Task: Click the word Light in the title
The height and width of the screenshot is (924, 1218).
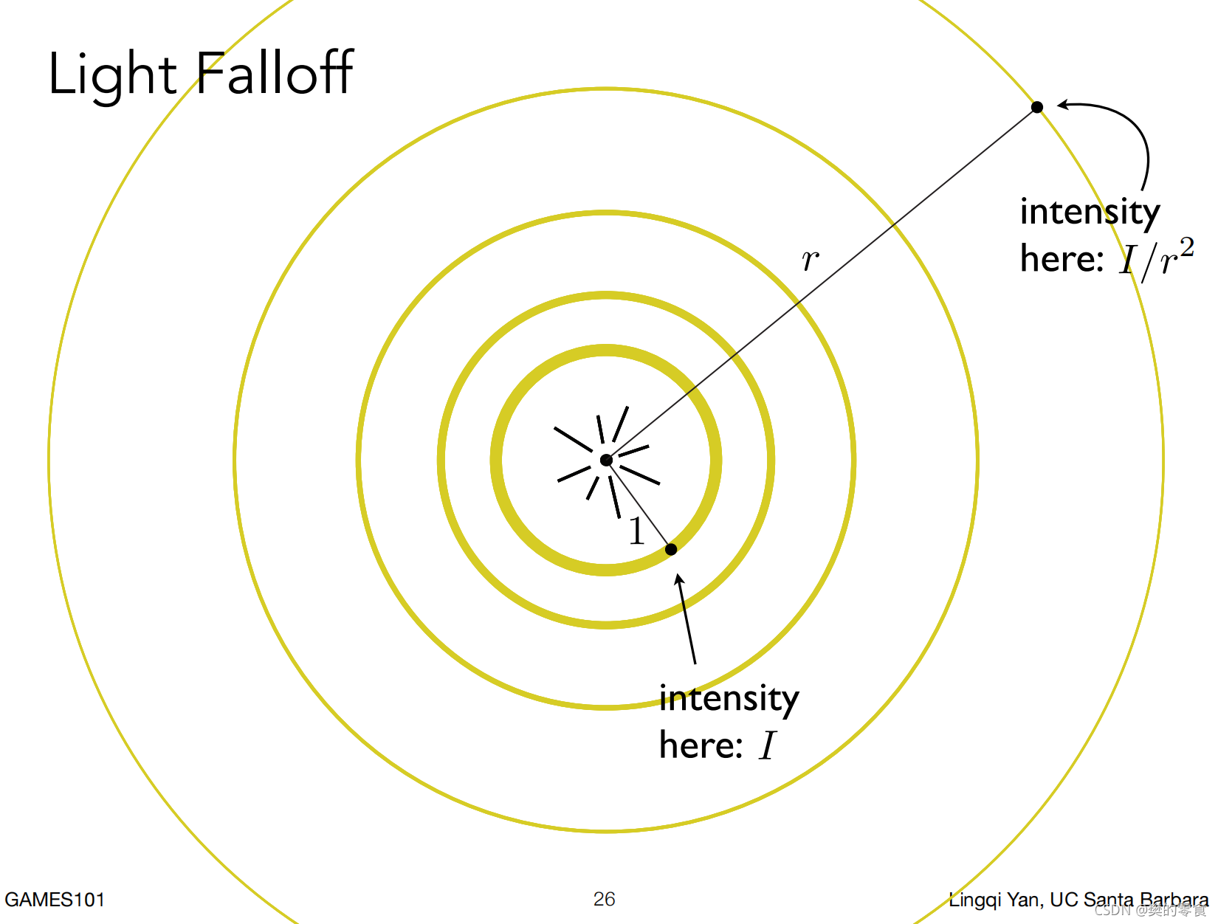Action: point(112,75)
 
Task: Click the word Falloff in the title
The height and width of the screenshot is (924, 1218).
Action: point(275,73)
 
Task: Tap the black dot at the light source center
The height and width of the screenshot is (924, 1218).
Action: point(606,461)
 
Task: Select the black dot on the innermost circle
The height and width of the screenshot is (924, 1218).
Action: point(671,549)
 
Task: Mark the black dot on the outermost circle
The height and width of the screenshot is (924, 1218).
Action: point(1037,107)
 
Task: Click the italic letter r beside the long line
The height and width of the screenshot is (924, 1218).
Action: point(810,260)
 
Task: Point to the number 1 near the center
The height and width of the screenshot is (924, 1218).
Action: point(636,531)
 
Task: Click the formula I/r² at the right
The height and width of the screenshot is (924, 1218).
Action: point(1156,258)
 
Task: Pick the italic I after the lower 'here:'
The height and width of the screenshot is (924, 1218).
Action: point(768,745)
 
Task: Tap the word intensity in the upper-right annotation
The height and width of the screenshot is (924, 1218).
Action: point(1090,213)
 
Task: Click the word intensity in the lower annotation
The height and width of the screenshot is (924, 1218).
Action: point(729,698)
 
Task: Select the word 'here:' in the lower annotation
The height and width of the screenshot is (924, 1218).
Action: point(701,745)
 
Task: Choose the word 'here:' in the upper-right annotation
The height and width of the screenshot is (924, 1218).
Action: point(1062,259)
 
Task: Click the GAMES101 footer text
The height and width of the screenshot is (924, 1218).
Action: point(55,900)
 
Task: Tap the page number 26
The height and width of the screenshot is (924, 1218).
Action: point(604,899)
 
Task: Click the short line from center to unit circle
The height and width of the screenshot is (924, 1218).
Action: point(639,505)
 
